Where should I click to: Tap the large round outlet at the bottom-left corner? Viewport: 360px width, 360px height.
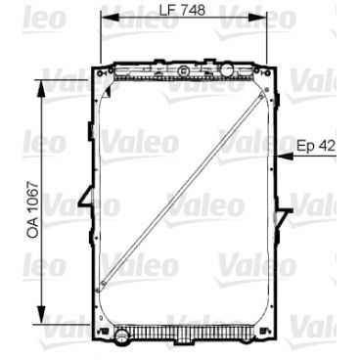tap(122, 337)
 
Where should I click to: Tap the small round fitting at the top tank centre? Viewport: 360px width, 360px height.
tap(182, 70)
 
